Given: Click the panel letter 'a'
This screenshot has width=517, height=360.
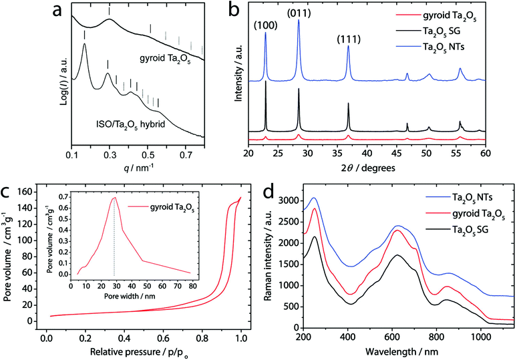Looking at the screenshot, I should click(x=11, y=10).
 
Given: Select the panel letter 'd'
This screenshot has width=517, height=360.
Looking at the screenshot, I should click(x=269, y=193).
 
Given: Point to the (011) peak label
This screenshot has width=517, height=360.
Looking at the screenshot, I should click(x=298, y=12).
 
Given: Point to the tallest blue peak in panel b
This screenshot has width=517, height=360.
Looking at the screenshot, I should click(x=299, y=21).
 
